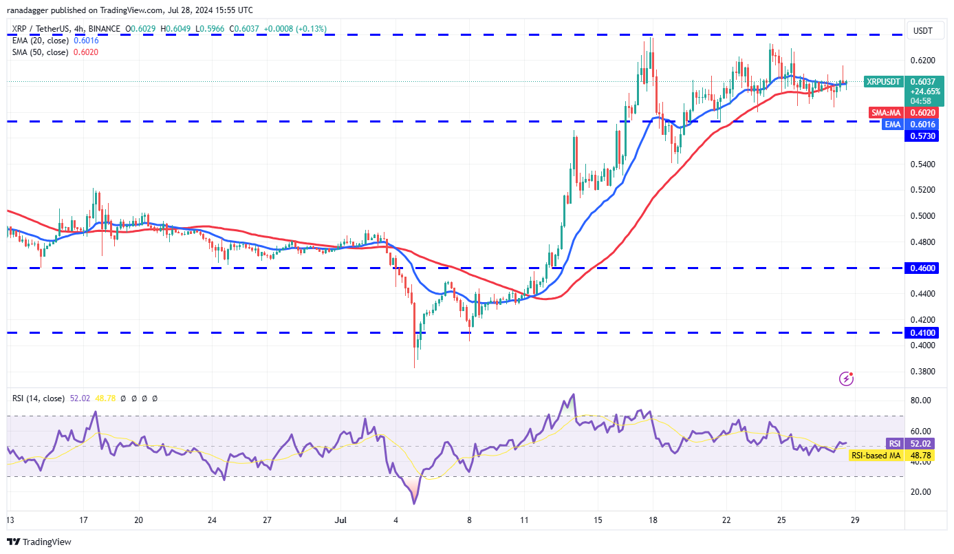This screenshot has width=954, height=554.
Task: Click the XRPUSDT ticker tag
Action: click(883, 81)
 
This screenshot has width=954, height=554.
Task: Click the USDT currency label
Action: click(922, 30)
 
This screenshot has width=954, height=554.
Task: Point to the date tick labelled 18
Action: click(652, 520)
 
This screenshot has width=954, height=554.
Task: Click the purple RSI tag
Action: click(894, 444)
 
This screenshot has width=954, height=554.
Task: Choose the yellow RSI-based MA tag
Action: click(876, 455)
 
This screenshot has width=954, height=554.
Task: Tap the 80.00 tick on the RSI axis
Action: click(920, 401)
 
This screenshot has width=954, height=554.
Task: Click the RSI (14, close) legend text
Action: click(39, 398)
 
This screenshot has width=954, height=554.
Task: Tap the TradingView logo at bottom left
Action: click(39, 542)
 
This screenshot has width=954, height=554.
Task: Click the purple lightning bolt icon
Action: click(847, 379)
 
